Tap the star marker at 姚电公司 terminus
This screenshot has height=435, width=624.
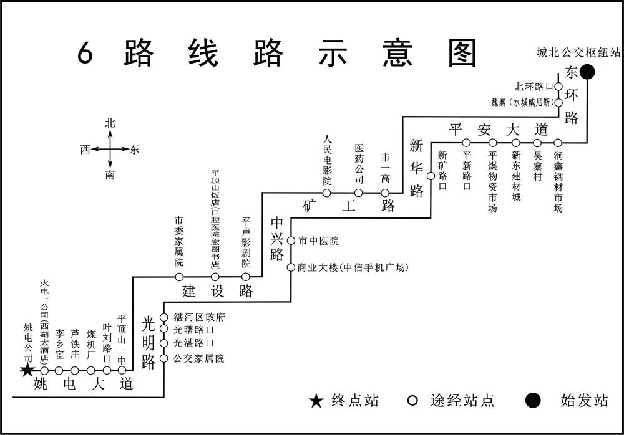[27, 371]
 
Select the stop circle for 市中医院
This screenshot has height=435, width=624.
[291, 241]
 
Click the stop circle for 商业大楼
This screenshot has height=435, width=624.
[291, 267]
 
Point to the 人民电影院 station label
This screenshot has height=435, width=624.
[327, 161]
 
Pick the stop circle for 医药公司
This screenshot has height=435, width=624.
[359, 193]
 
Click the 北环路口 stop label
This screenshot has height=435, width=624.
[534, 87]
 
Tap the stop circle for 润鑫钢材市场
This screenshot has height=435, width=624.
[558, 143]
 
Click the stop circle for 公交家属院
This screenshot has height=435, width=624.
[164, 358]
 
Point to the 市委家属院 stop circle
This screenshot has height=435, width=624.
[179, 277]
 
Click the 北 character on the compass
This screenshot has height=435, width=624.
[110, 123]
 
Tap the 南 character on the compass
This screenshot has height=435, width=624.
[110, 175]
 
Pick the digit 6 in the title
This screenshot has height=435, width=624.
[85, 54]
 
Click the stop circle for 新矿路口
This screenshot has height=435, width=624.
[431, 176]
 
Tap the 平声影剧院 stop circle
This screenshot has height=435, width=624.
[246, 277]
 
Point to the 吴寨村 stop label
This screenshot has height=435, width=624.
[537, 164]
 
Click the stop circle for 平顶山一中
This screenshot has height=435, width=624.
[122, 371]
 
